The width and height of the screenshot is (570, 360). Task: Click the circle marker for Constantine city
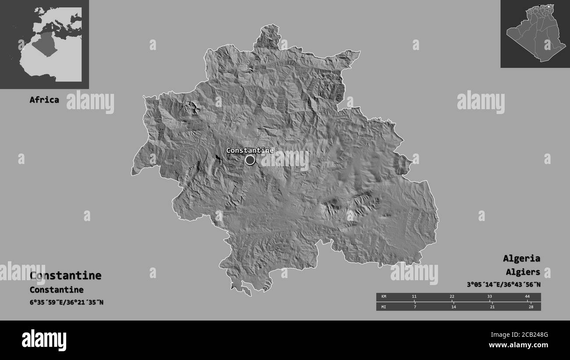click(x=250, y=160)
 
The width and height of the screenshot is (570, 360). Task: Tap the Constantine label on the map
click(x=249, y=150)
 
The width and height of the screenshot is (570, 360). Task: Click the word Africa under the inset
click(x=44, y=100)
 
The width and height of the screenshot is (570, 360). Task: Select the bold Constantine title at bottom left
click(x=65, y=275)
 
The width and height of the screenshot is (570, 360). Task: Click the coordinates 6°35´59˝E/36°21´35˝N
click(x=66, y=302)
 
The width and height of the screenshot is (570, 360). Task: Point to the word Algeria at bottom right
click(x=521, y=258)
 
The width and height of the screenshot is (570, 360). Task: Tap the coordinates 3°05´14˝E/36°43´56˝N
click(x=503, y=285)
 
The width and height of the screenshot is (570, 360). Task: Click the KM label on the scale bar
click(x=384, y=297)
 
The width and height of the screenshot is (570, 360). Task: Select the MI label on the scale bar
click(x=384, y=307)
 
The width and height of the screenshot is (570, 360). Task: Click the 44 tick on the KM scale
click(x=527, y=297)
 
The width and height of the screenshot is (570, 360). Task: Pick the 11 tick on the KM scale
click(x=414, y=297)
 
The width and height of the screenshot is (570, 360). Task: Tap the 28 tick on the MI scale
click(x=531, y=307)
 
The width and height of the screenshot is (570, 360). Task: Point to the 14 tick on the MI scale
click(x=453, y=307)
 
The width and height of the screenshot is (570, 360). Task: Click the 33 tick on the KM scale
click(x=490, y=297)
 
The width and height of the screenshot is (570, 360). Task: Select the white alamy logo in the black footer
click(x=44, y=340)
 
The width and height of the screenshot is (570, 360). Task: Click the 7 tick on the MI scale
click(x=415, y=307)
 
